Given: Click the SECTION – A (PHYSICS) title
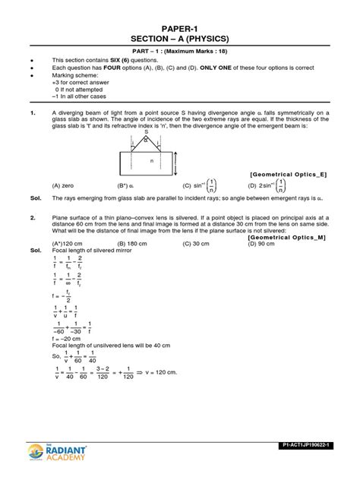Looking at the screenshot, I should point(180,39).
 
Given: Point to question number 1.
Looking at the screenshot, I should point(32,114).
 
